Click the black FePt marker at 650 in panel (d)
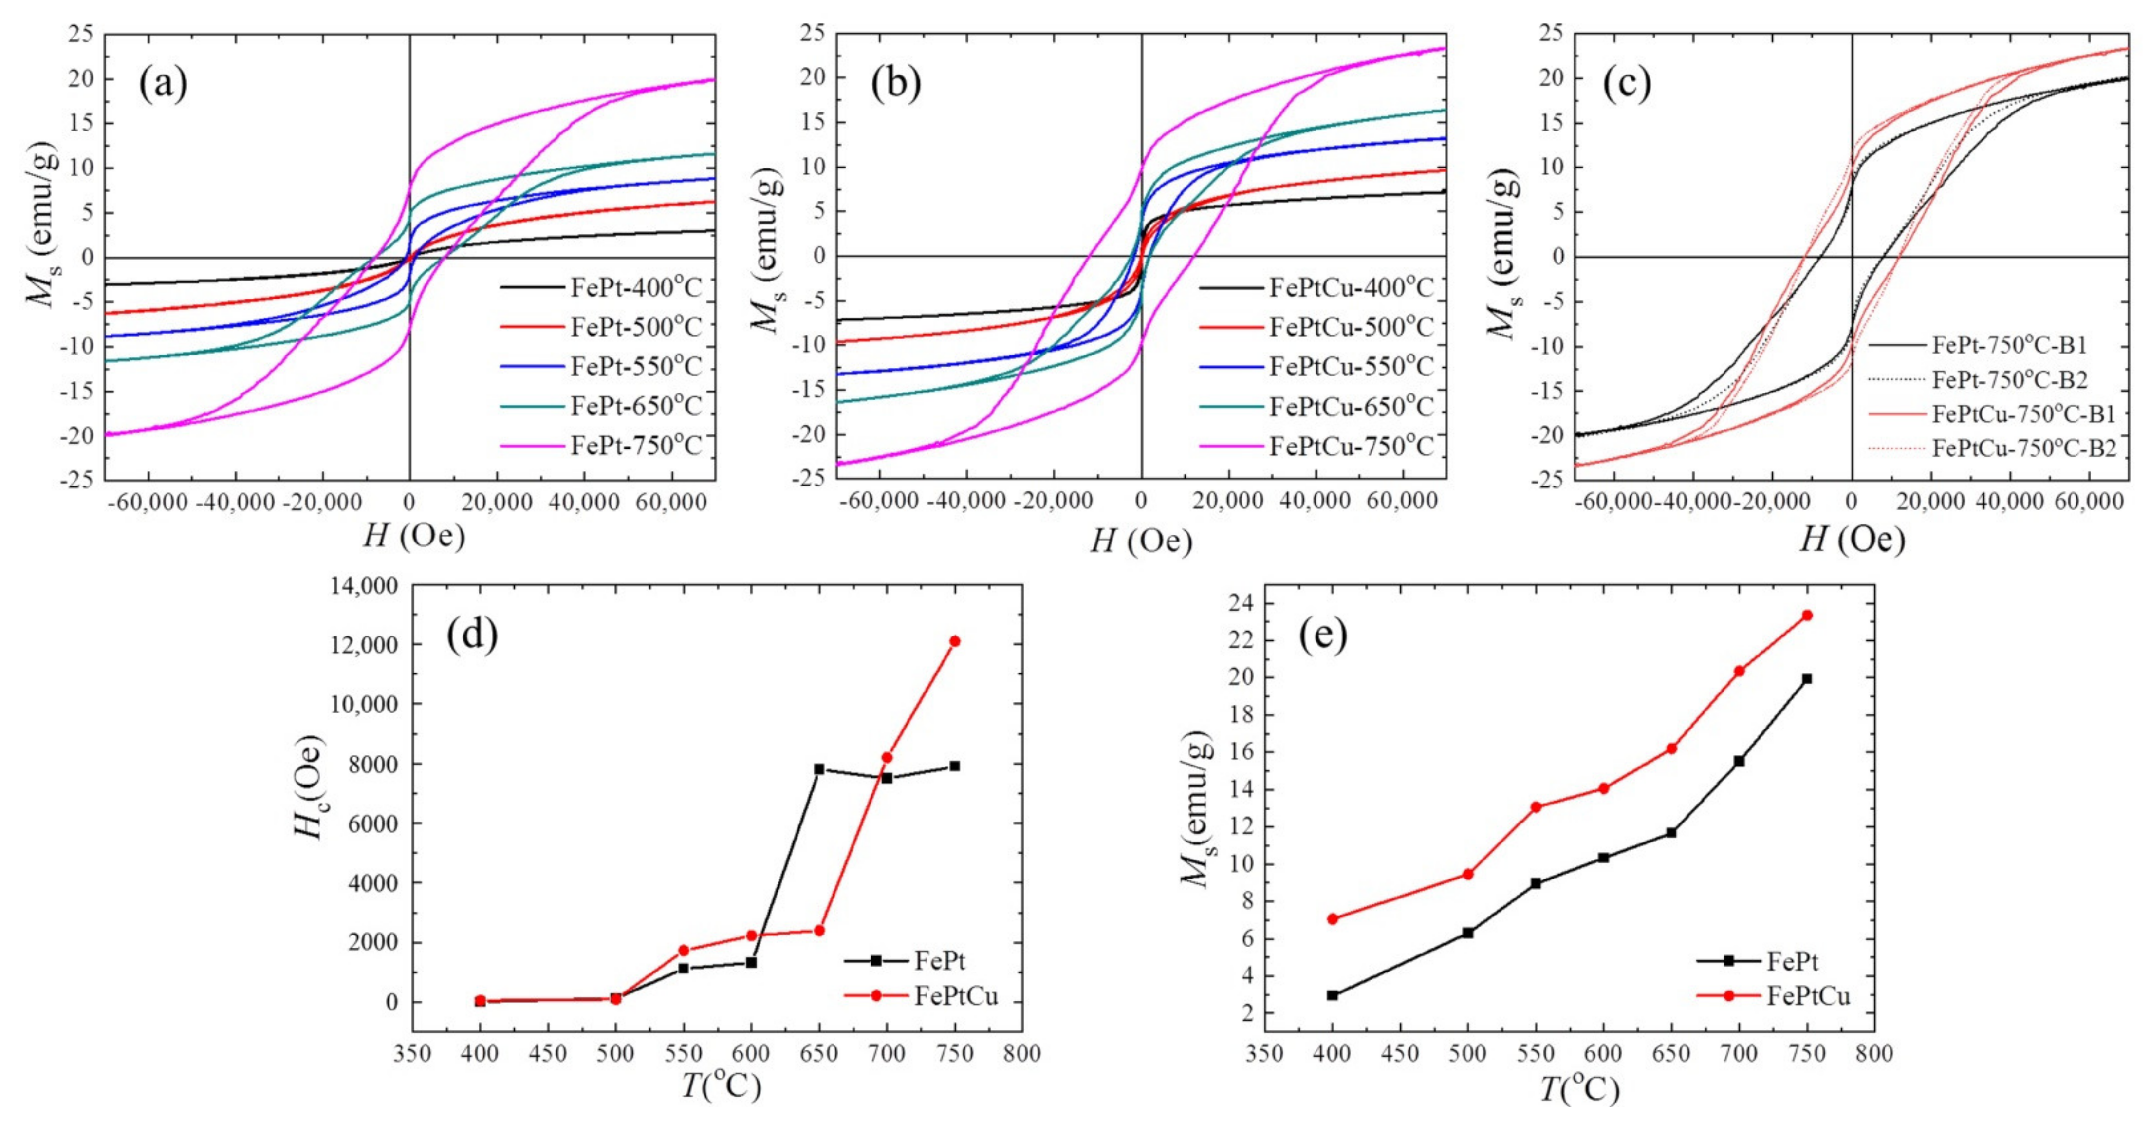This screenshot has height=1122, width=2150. click(x=819, y=769)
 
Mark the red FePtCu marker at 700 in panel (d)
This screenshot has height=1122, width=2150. click(x=887, y=757)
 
